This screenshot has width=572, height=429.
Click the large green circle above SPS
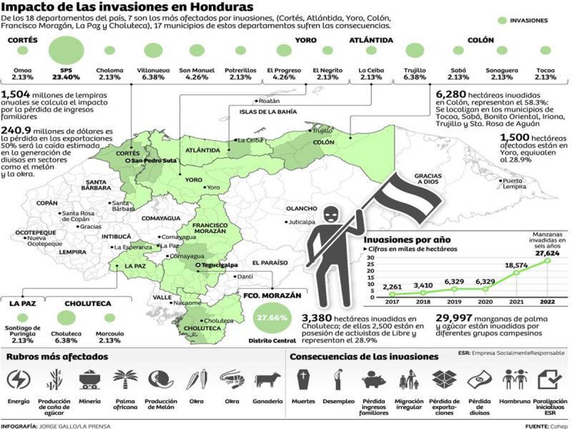(x=66, y=50)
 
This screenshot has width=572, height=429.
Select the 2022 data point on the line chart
(x=547, y=260)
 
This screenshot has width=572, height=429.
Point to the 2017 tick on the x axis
(x=392, y=302)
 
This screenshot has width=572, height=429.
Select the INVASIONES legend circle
(x=502, y=21)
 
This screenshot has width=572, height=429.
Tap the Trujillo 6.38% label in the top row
(x=415, y=74)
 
